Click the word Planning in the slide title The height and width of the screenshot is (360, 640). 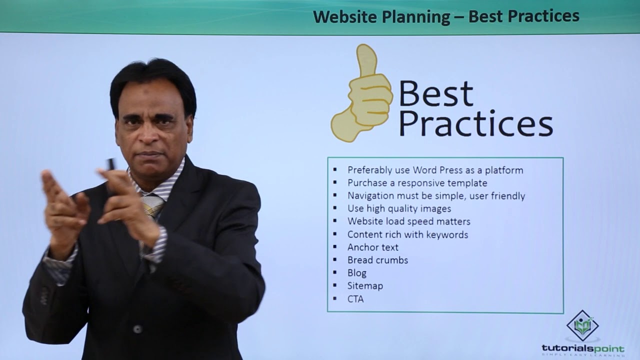pos(415,17)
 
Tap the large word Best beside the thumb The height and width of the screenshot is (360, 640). pos(436,93)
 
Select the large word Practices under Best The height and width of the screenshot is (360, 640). pos(475,123)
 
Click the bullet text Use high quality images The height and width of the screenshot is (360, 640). pos(399,209)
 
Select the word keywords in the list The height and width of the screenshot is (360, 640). pos(447,234)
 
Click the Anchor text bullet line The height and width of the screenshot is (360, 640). pos(373,247)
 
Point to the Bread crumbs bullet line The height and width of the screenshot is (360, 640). pos(377,260)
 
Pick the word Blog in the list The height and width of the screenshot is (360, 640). pos(357,273)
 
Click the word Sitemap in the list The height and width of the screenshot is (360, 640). pos(365,286)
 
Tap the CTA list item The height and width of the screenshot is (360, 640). pos(355,299)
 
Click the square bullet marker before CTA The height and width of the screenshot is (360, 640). pos(335,299)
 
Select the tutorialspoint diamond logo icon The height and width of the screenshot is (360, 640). pos(582,325)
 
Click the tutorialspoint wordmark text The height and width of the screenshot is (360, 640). pos(583,349)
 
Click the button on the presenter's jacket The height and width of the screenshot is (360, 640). pos(137,329)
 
